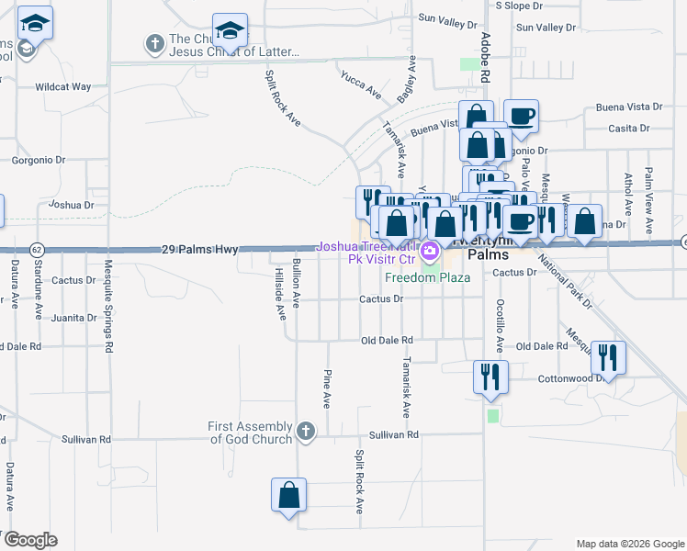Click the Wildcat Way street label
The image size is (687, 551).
63,87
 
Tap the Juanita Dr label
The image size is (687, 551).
75,318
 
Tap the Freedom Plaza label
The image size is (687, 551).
427,277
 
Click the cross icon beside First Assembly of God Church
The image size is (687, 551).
306,430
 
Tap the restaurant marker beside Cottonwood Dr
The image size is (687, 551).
609,354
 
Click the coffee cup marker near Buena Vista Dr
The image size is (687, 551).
521,115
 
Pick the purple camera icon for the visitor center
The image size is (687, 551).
429,250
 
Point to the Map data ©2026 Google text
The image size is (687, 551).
629,544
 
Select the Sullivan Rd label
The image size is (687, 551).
393,434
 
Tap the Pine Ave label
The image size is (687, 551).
326,388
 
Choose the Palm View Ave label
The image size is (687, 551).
648,198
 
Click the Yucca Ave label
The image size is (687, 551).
360,85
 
